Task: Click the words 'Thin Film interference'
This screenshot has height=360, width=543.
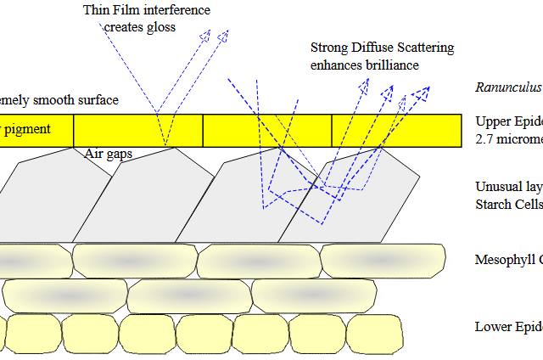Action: click(x=147, y=10)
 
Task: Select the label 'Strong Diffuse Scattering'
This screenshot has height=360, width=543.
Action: click(x=382, y=48)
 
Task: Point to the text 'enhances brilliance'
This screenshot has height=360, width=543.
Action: click(x=365, y=65)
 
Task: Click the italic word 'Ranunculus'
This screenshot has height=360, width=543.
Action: click(x=507, y=87)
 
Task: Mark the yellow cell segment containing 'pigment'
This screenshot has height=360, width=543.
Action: click(x=36, y=129)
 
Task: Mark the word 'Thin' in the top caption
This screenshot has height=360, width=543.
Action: click(x=96, y=10)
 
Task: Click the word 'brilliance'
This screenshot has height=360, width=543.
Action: click(x=390, y=65)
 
